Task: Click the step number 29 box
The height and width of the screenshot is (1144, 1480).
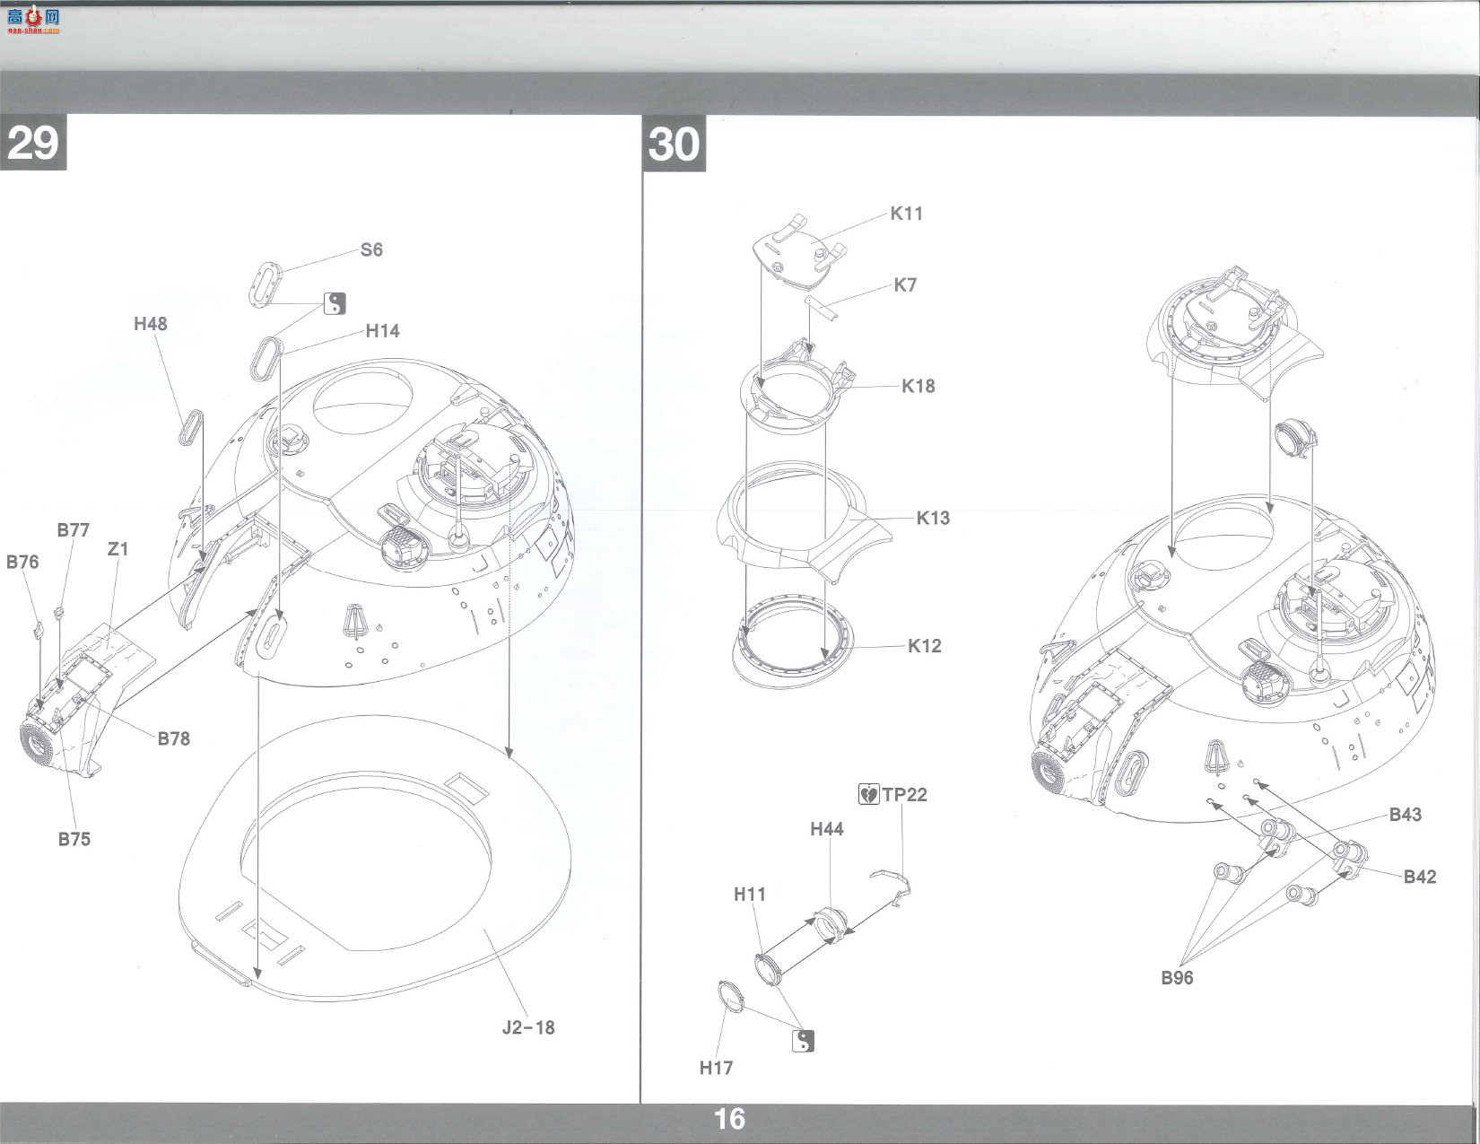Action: (32, 143)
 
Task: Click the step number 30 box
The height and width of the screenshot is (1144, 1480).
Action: (674, 144)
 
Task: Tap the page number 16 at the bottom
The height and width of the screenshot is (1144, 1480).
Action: (729, 1119)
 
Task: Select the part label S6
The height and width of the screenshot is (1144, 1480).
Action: (371, 250)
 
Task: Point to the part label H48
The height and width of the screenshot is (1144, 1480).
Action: (151, 324)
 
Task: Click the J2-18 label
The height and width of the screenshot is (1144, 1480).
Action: (527, 1027)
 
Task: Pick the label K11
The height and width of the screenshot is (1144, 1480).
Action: (907, 214)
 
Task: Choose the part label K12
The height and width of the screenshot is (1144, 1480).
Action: (924, 646)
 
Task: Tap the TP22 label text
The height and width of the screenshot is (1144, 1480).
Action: (904, 794)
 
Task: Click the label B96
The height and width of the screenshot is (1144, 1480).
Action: (1177, 978)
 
